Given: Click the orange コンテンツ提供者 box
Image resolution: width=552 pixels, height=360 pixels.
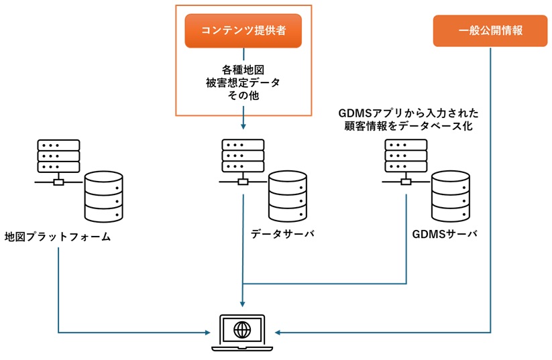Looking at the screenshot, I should (243, 31).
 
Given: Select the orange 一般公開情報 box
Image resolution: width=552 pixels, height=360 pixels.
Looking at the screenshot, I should (490, 31).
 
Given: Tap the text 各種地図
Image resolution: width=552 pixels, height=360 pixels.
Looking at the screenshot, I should (243, 70).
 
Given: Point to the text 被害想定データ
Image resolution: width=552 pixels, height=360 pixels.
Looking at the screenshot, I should (243, 82).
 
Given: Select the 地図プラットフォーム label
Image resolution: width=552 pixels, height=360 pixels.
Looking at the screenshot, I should (57, 237).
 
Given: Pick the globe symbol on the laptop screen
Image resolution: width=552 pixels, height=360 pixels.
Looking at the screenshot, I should (243, 328).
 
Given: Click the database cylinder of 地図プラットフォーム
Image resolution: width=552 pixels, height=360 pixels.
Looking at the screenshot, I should (104, 196).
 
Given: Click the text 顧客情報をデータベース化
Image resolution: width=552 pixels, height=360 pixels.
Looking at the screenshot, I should (406, 126).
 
